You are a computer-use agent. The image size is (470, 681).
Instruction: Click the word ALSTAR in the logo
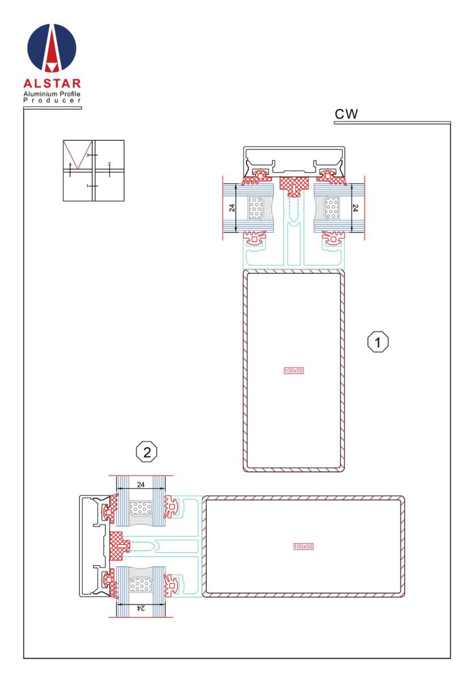click(x=52, y=83)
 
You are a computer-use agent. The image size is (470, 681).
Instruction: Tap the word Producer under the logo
click(x=52, y=100)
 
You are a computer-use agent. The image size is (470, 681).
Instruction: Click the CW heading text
click(x=346, y=114)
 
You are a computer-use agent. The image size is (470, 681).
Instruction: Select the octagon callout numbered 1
click(x=378, y=342)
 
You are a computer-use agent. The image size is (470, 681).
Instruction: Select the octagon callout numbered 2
click(x=147, y=453)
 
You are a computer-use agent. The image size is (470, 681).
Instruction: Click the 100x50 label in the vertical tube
click(x=294, y=370)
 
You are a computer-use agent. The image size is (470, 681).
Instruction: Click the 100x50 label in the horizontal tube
click(x=303, y=547)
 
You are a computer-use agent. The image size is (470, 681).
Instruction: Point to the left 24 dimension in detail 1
click(x=232, y=208)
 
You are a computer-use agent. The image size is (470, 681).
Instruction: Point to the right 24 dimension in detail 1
click(x=355, y=208)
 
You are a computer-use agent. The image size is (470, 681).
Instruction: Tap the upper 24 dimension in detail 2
click(x=141, y=484)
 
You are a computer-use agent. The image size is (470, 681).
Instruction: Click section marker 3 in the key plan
click(x=87, y=155)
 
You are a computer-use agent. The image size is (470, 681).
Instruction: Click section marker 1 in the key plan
click(x=87, y=186)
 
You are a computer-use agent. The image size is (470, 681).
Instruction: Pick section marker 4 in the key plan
click(x=70, y=164)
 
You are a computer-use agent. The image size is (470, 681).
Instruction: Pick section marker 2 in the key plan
click(x=109, y=164)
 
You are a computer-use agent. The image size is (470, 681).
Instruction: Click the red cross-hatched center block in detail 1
click(x=294, y=186)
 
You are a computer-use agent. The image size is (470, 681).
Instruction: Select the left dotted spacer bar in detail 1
click(x=256, y=208)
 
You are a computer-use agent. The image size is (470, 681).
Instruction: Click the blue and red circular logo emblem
click(x=52, y=48)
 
